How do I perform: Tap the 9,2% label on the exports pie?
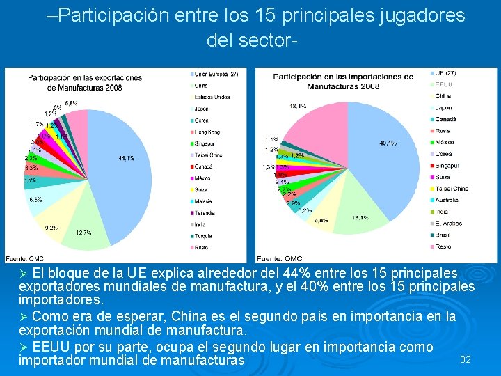point(51,228)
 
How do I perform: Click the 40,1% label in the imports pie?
point(388,143)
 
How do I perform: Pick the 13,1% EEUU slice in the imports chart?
point(358,202)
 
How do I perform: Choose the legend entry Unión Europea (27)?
point(216,74)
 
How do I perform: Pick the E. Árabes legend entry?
point(448,224)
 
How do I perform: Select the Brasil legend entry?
point(444,235)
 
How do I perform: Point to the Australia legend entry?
point(448,200)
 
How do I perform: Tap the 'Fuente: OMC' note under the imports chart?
point(279,259)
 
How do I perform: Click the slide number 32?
point(466,359)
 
